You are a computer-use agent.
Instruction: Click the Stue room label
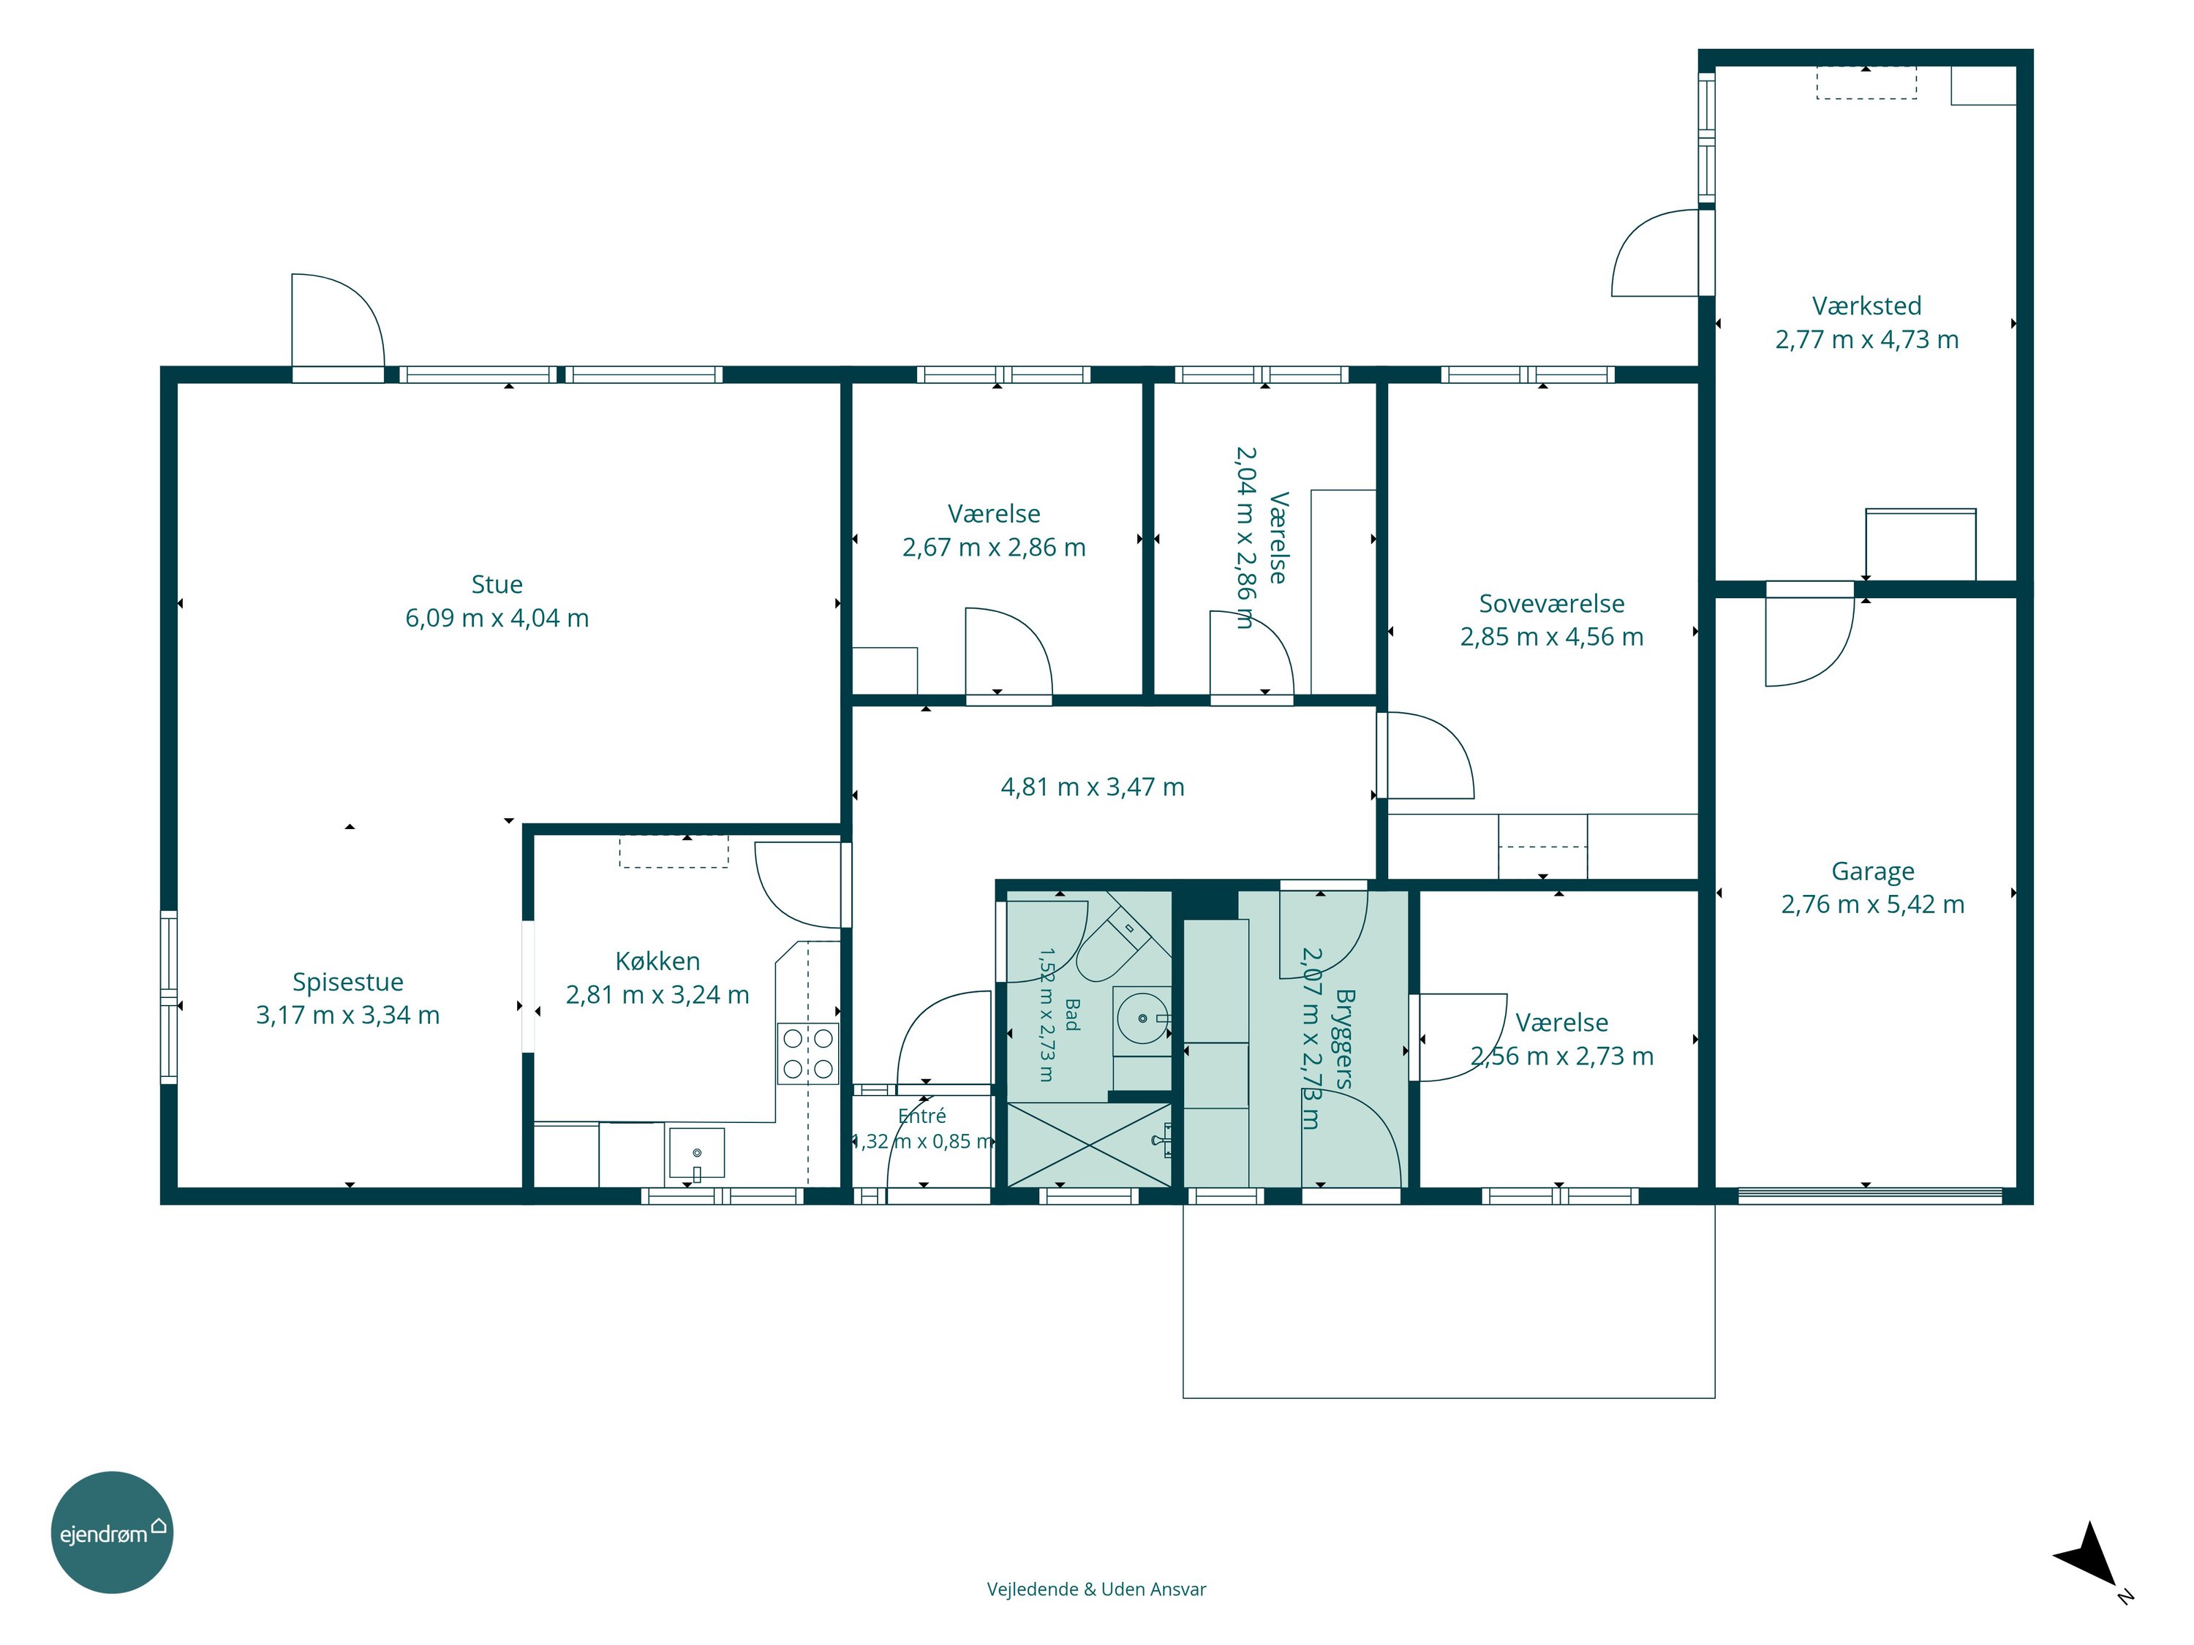pos(497,584)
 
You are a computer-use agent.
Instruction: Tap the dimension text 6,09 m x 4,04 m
pos(497,618)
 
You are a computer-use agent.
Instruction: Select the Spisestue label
pos(348,983)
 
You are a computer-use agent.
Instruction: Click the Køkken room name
pos(657,961)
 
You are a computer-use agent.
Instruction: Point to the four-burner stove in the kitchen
pos(807,1053)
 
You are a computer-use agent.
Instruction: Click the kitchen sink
pos(696,1152)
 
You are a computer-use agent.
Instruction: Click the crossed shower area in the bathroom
pos(1089,1145)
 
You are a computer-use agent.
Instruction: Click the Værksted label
pos(1866,306)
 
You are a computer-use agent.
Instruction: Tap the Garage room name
pos(1873,871)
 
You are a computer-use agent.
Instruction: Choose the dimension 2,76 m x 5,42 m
pos(1873,904)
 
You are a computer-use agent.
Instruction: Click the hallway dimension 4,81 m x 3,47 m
pos(1092,787)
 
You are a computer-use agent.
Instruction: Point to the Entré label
pos(921,1116)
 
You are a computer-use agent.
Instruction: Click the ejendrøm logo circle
pos(112,1532)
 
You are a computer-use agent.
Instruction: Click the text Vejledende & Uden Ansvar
pos(1096,1589)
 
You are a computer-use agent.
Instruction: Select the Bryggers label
pos(1345,1038)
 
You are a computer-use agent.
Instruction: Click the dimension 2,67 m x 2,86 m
pos(994,548)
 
